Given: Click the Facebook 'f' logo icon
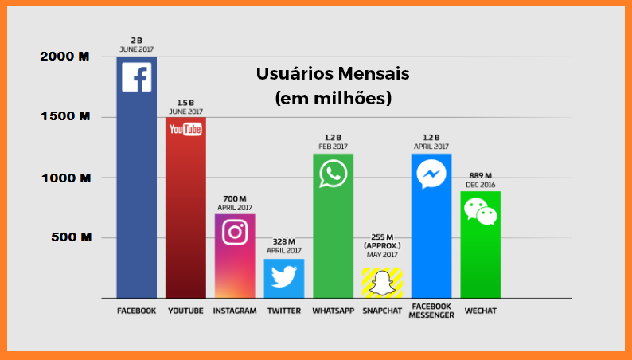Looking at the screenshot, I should click(136, 77).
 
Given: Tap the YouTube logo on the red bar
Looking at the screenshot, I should click(185, 129).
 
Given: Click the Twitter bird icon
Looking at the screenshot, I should click(283, 276).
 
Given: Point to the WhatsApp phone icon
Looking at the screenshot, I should click(333, 173).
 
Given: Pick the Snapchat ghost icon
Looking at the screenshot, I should click(382, 283).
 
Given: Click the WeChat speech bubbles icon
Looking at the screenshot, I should click(481, 211).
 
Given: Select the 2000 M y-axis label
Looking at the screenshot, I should click(64, 57).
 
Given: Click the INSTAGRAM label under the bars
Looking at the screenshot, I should click(235, 311).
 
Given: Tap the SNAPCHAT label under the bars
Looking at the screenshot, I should click(382, 311).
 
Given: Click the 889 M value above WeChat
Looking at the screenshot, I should click(481, 175).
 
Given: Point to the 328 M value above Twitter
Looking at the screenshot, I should click(283, 241).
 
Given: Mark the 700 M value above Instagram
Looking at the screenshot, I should click(235, 198).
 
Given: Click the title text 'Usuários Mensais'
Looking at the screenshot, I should click(333, 74).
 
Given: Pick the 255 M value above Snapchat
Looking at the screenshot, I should click(382, 237).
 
